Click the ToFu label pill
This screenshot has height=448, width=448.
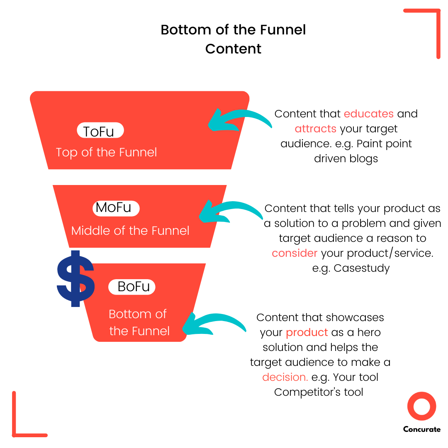(x=100, y=131)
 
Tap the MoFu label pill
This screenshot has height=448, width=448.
(x=116, y=208)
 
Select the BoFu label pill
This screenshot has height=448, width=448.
(x=132, y=287)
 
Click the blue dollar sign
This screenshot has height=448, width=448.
(x=75, y=279)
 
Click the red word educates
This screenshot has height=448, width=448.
(x=368, y=114)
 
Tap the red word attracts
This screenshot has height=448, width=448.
(x=315, y=129)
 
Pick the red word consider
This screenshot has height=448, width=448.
(x=295, y=253)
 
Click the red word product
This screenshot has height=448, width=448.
(x=307, y=332)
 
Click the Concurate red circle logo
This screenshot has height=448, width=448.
(x=421, y=406)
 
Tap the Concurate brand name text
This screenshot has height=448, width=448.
(x=421, y=429)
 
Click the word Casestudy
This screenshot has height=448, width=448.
(x=361, y=268)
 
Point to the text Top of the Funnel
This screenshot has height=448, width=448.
(x=107, y=152)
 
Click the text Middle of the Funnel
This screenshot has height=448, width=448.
(x=130, y=231)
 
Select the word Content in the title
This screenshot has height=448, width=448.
(x=233, y=49)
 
